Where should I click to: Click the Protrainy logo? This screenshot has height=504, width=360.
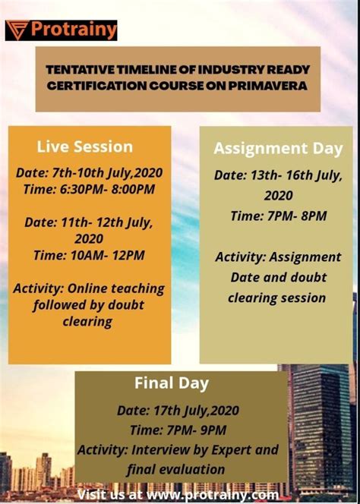(x=62, y=30)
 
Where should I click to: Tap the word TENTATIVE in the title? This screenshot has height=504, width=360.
(x=81, y=70)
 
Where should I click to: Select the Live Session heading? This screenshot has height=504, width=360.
(x=84, y=146)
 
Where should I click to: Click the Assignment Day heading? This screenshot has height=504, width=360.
(x=278, y=148)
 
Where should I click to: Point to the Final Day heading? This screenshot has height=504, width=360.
(x=172, y=383)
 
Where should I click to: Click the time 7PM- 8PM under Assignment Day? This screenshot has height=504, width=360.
(x=278, y=216)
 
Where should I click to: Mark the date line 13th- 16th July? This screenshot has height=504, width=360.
(x=278, y=175)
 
